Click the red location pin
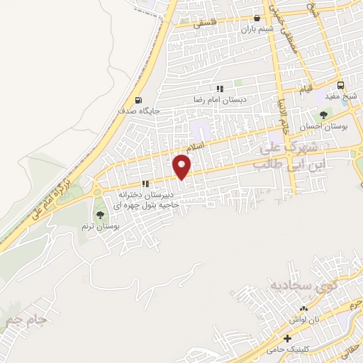[x=181, y=167]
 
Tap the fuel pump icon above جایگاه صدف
[x=138, y=100]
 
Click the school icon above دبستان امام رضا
[x=220, y=89]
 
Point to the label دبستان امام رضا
[x=220, y=100]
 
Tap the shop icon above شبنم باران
[x=257, y=19]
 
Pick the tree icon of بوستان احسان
[x=323, y=114]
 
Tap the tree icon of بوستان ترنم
[x=99, y=214]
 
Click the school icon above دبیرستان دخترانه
[x=145, y=184]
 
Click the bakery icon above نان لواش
[x=303, y=308]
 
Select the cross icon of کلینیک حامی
[x=287, y=338]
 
